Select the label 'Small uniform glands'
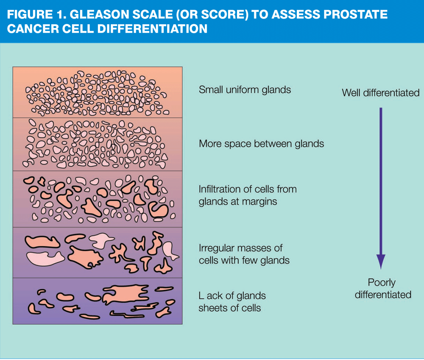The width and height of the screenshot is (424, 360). (x=245, y=89)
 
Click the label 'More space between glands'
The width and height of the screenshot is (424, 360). (x=261, y=144)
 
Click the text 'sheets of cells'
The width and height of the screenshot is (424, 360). (x=229, y=308)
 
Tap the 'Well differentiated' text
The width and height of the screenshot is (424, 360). (x=380, y=92)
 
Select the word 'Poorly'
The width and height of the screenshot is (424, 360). (x=382, y=282)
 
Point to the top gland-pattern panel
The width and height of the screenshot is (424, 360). (x=98, y=92)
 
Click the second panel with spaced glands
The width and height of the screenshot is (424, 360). (x=98, y=144)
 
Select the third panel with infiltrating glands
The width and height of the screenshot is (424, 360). (x=98, y=199)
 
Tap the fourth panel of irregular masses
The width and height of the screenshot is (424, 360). (x=98, y=252)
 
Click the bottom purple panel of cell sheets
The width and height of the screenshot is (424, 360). (x=98, y=301)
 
